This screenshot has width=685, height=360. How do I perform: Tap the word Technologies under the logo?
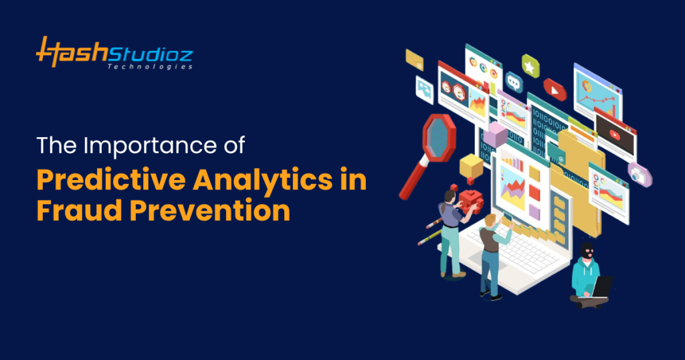click(151, 67)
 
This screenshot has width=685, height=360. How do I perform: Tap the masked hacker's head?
click(587, 253)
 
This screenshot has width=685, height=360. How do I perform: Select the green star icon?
click(530, 66)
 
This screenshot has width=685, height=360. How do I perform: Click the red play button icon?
click(555, 87)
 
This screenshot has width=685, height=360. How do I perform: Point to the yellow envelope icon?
click(414, 60)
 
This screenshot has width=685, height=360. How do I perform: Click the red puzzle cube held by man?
click(470, 199)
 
